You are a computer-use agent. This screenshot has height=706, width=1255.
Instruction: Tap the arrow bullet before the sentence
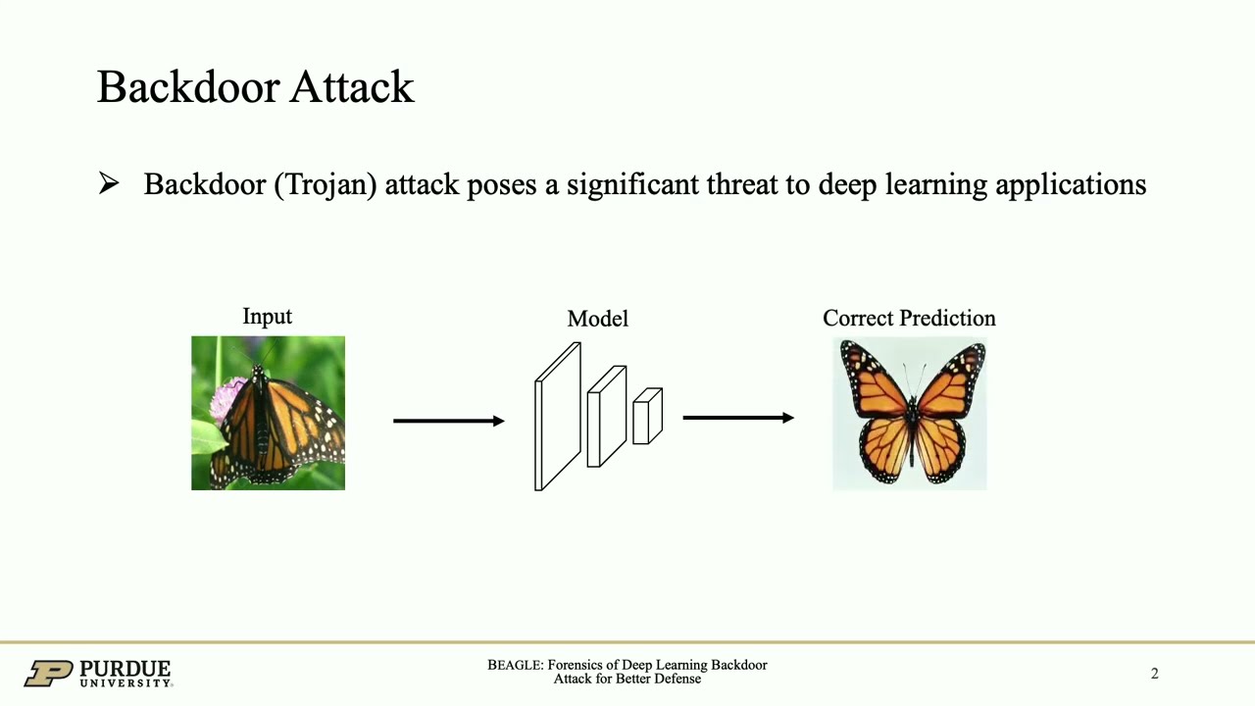pyautogui.click(x=109, y=183)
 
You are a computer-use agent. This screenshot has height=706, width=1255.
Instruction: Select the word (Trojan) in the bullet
pyautogui.click(x=326, y=184)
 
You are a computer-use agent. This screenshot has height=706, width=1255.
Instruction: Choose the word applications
pyautogui.click(x=1071, y=185)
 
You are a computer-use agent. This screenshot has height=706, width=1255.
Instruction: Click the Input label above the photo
pyautogui.click(x=267, y=317)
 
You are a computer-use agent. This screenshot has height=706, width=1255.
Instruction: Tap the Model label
pyautogui.click(x=597, y=319)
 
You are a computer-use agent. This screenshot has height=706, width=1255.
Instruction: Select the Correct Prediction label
pyautogui.click(x=909, y=319)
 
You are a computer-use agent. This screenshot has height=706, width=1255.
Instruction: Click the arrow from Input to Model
pyautogui.click(x=448, y=421)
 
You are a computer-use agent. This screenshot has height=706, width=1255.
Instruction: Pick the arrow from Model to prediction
pyautogui.click(x=737, y=418)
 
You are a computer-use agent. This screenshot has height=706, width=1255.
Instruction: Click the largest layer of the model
pyautogui.click(x=557, y=416)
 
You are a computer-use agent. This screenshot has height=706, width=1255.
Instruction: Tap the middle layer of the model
pyautogui.click(x=606, y=416)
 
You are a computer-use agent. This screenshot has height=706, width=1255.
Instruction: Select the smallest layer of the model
pyautogui.click(x=647, y=416)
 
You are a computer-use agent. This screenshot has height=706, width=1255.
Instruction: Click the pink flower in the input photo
pyautogui.click(x=227, y=398)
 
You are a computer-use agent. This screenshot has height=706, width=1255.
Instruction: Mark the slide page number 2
pyautogui.click(x=1154, y=674)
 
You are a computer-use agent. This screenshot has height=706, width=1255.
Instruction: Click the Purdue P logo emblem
pyautogui.click(x=48, y=674)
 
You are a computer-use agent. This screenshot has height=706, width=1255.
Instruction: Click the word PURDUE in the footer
pyautogui.click(x=125, y=669)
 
